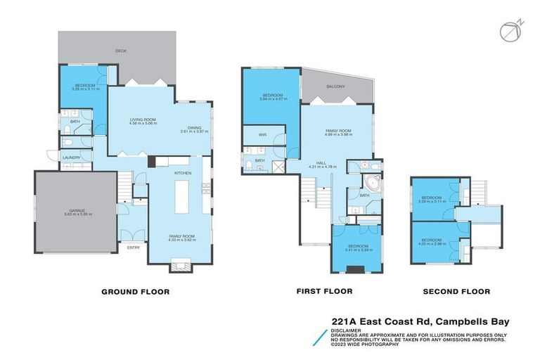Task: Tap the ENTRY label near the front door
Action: pos(134,247)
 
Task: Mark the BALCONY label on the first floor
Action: pos(335,86)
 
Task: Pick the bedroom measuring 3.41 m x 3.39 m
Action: pos(358,247)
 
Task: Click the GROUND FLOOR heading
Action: pos(136,291)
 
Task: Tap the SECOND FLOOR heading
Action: pos(456,291)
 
